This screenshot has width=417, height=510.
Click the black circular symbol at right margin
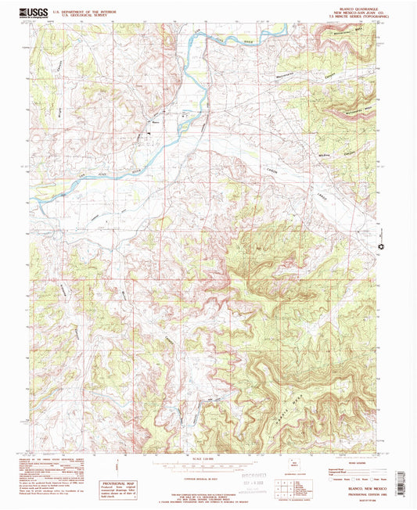[x=381, y=248]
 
